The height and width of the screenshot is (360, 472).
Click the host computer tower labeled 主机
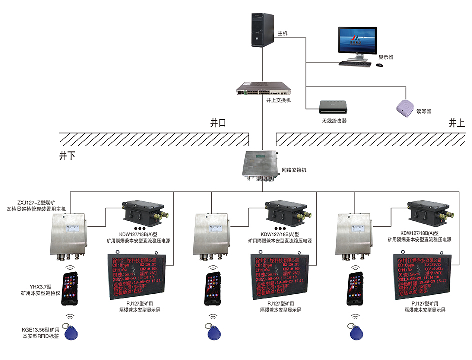(262, 29)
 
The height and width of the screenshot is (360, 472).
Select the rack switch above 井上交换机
(263, 88)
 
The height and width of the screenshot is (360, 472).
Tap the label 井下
(68, 156)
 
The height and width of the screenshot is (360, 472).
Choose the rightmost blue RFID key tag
(356, 331)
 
